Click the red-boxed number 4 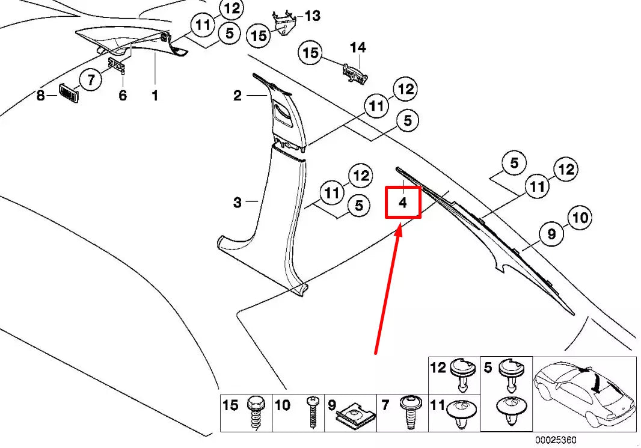click(x=403, y=203)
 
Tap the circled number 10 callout click(x=580, y=217)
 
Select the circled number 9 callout click(x=552, y=235)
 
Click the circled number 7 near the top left click(x=91, y=78)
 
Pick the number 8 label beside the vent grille click(x=41, y=95)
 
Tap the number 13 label click(x=312, y=16)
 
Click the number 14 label click(x=358, y=47)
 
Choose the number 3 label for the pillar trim click(x=238, y=203)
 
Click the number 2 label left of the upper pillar click(x=238, y=95)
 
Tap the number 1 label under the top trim click(x=155, y=95)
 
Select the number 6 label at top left click(x=123, y=95)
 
